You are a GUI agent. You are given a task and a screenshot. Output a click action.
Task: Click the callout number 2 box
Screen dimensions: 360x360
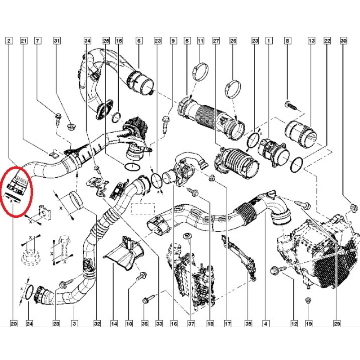point(9,41)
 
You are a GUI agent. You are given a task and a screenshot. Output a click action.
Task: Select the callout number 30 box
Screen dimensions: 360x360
point(343,41)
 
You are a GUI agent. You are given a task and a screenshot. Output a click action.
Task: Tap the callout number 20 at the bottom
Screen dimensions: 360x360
point(13,323)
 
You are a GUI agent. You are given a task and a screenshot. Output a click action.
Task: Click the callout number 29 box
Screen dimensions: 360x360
point(337,323)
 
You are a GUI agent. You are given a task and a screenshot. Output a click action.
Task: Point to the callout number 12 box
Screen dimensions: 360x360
point(294,323)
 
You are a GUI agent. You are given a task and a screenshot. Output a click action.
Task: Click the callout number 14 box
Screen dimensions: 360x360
point(114,323)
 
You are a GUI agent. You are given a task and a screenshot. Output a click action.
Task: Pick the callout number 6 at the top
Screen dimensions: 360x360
point(138,41)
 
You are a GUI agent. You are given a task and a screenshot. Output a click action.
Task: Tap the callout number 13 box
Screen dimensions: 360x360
point(311,41)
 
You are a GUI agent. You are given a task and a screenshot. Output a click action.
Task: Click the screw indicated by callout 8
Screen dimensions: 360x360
point(291,106)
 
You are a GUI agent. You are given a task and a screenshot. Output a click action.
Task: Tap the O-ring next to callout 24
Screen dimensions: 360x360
point(28,293)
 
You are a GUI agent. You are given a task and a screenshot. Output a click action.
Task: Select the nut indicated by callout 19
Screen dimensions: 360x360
point(308,300)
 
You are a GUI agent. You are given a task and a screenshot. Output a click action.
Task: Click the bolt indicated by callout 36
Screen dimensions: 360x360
point(147,299)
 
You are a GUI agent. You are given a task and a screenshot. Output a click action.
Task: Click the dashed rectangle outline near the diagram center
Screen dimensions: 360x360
point(143,209)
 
